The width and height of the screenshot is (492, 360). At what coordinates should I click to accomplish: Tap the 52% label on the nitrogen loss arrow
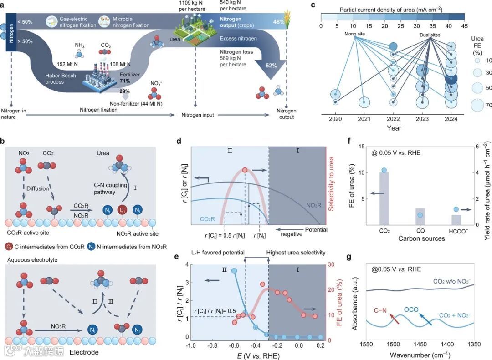(x=272, y=65)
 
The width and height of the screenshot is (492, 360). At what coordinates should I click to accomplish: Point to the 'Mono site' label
(x=355, y=34)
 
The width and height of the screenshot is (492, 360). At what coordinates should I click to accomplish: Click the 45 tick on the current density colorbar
(x=465, y=26)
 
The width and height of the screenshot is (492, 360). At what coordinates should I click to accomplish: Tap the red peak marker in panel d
(x=245, y=170)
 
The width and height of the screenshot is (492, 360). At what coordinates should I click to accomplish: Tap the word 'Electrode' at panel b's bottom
(x=84, y=352)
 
